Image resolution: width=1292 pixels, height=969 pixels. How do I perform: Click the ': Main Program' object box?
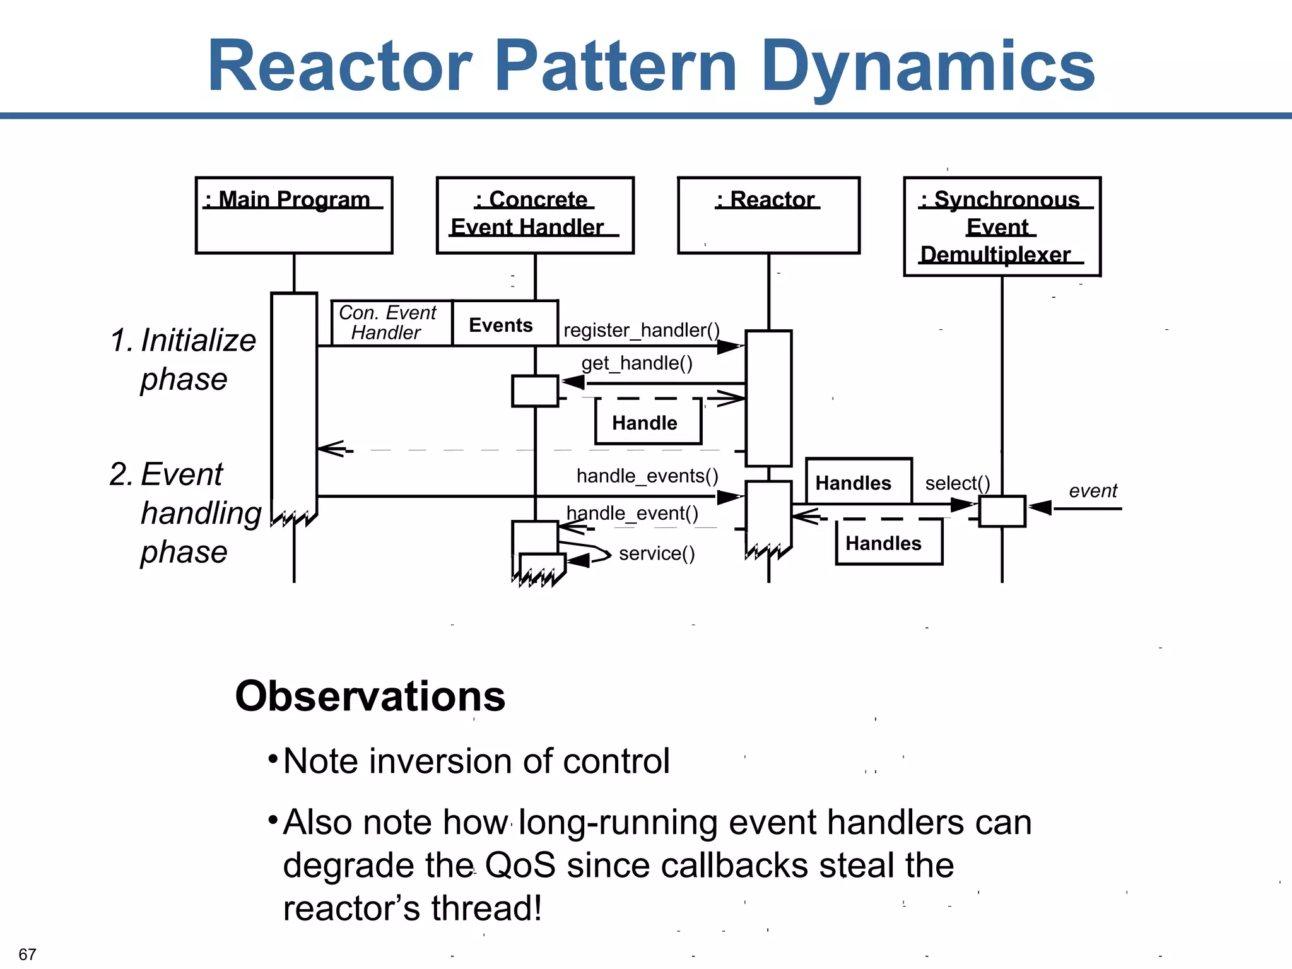coord(294,215)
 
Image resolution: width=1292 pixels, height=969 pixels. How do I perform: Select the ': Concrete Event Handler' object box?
coord(535,215)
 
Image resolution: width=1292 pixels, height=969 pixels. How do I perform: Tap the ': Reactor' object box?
coord(768,215)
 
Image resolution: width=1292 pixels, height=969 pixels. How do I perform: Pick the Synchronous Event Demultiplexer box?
coord(1002,226)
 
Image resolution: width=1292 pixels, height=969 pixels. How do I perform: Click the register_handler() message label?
coord(641,330)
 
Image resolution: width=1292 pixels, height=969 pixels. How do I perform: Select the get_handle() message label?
coord(637,363)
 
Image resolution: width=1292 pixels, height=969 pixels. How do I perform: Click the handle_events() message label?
coord(647,476)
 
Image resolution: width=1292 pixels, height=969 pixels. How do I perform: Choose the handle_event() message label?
coord(632,513)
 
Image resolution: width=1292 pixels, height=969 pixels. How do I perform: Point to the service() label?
coord(657,553)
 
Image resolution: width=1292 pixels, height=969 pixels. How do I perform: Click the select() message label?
coord(957,483)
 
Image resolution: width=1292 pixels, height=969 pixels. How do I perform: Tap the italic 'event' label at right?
coord(1093,491)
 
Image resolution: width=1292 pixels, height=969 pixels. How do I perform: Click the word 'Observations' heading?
coord(370,696)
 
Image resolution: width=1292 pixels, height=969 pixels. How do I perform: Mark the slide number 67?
coord(27,954)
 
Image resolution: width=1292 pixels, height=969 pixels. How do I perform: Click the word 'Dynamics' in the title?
coord(928,66)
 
